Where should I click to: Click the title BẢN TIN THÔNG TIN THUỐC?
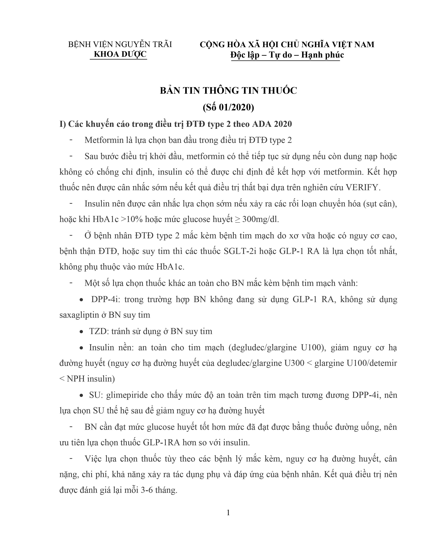coord(228,91)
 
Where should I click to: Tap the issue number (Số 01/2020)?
coord(228,107)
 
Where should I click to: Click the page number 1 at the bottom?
coord(228,513)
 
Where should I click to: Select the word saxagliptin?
coord(80,315)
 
